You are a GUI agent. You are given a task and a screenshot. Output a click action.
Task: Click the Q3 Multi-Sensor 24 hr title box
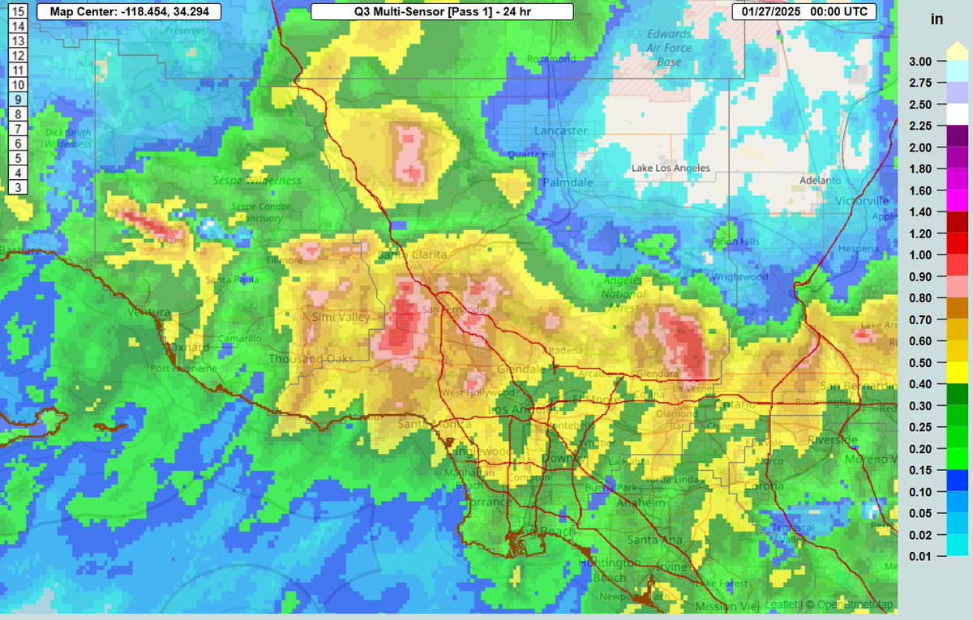tap(442, 11)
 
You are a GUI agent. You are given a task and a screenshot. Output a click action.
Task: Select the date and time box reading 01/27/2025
tap(803, 11)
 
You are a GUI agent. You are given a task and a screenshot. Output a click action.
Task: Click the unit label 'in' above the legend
tap(937, 20)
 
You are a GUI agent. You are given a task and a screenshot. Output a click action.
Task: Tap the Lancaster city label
tap(560, 130)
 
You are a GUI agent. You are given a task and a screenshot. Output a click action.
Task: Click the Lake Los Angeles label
tap(671, 168)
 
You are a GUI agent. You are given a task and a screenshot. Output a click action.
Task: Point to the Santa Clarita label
tap(414, 254)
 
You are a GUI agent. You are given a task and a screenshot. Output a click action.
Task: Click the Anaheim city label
tap(645, 502)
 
